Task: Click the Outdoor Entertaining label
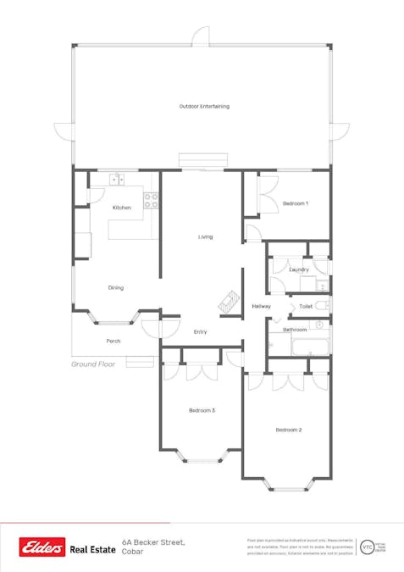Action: (204, 107)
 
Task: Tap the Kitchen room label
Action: (122, 208)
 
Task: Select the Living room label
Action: (206, 236)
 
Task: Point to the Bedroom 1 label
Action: (296, 204)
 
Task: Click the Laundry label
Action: (298, 269)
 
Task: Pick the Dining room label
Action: (116, 288)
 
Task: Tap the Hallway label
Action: (262, 306)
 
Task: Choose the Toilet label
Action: (306, 306)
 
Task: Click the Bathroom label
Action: (295, 329)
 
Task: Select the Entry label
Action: (201, 331)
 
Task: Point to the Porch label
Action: (113, 341)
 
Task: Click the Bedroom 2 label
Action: (289, 430)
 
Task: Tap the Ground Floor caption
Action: (93, 364)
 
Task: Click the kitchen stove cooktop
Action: (151, 201)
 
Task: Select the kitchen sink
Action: (117, 179)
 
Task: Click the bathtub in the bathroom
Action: (308, 346)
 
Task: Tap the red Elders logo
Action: (43, 547)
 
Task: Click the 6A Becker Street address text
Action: (153, 541)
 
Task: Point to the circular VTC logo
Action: (366, 547)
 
